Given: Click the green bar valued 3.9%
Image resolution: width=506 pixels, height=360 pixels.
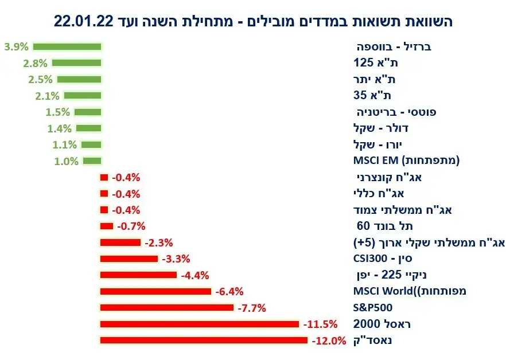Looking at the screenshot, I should (x=67, y=46).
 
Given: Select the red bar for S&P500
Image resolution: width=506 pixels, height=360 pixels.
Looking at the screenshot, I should (x=166, y=308).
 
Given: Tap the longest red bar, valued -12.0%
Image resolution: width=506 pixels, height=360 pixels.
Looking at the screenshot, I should (x=204, y=341).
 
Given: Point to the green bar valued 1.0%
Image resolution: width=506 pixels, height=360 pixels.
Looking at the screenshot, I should (x=92, y=161).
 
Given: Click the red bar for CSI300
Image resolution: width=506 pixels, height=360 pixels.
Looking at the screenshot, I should (x=129, y=259).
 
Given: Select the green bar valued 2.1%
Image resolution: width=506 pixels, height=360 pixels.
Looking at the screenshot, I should (x=83, y=96).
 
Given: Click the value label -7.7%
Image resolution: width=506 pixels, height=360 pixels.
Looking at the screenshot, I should (x=251, y=308).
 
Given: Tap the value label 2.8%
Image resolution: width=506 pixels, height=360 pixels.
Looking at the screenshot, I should (x=37, y=63).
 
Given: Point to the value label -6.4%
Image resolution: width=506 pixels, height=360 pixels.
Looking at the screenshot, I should (x=230, y=292).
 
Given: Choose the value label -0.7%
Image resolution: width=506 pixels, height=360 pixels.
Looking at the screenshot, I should (x=131, y=226).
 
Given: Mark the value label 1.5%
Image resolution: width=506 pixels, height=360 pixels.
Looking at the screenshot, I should (x=58, y=112).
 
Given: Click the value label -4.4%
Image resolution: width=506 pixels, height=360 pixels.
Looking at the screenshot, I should (x=194, y=275).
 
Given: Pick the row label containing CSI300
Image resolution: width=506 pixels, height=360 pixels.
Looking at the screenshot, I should (x=384, y=259).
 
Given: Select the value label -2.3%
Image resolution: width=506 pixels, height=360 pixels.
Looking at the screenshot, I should (x=158, y=242).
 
